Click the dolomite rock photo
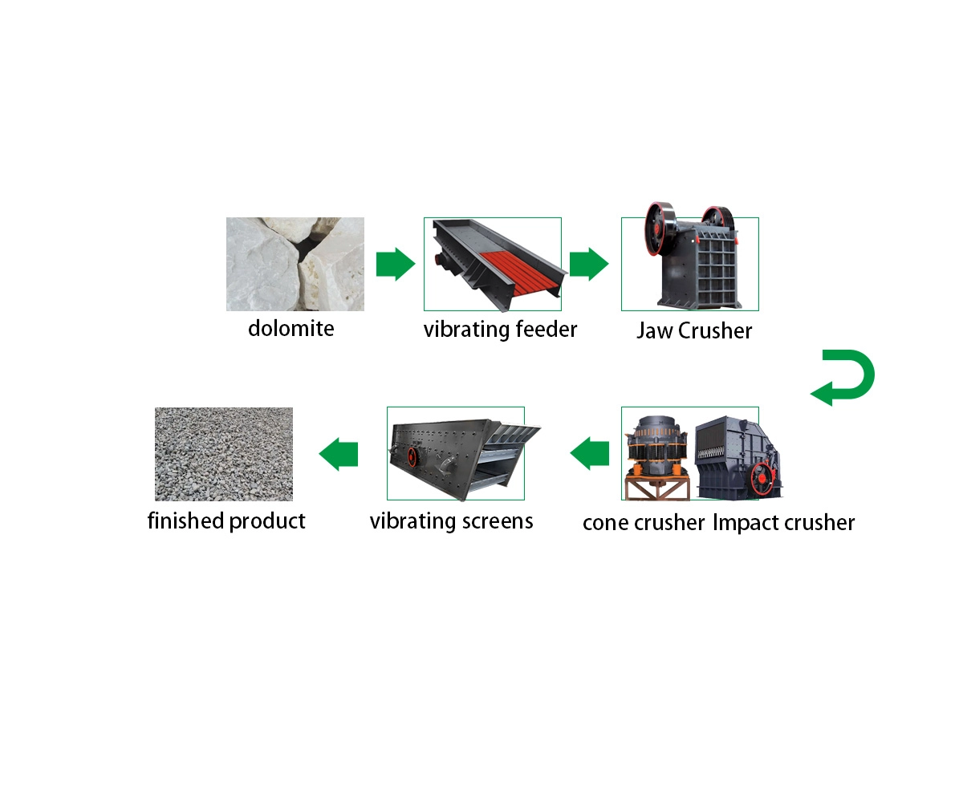click(295, 264)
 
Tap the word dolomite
click(291, 329)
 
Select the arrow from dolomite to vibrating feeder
click(396, 264)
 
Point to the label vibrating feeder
click(500, 330)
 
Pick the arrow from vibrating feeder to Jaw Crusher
click(589, 264)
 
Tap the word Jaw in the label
click(655, 331)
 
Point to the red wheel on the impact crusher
click(763, 479)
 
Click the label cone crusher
click(644, 523)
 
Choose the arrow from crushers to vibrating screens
click(589, 454)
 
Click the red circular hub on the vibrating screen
click(412, 456)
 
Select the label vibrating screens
click(451, 522)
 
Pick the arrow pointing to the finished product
click(339, 454)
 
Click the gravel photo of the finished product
click(224, 454)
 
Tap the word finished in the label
click(186, 520)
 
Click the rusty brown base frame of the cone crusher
click(657, 488)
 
